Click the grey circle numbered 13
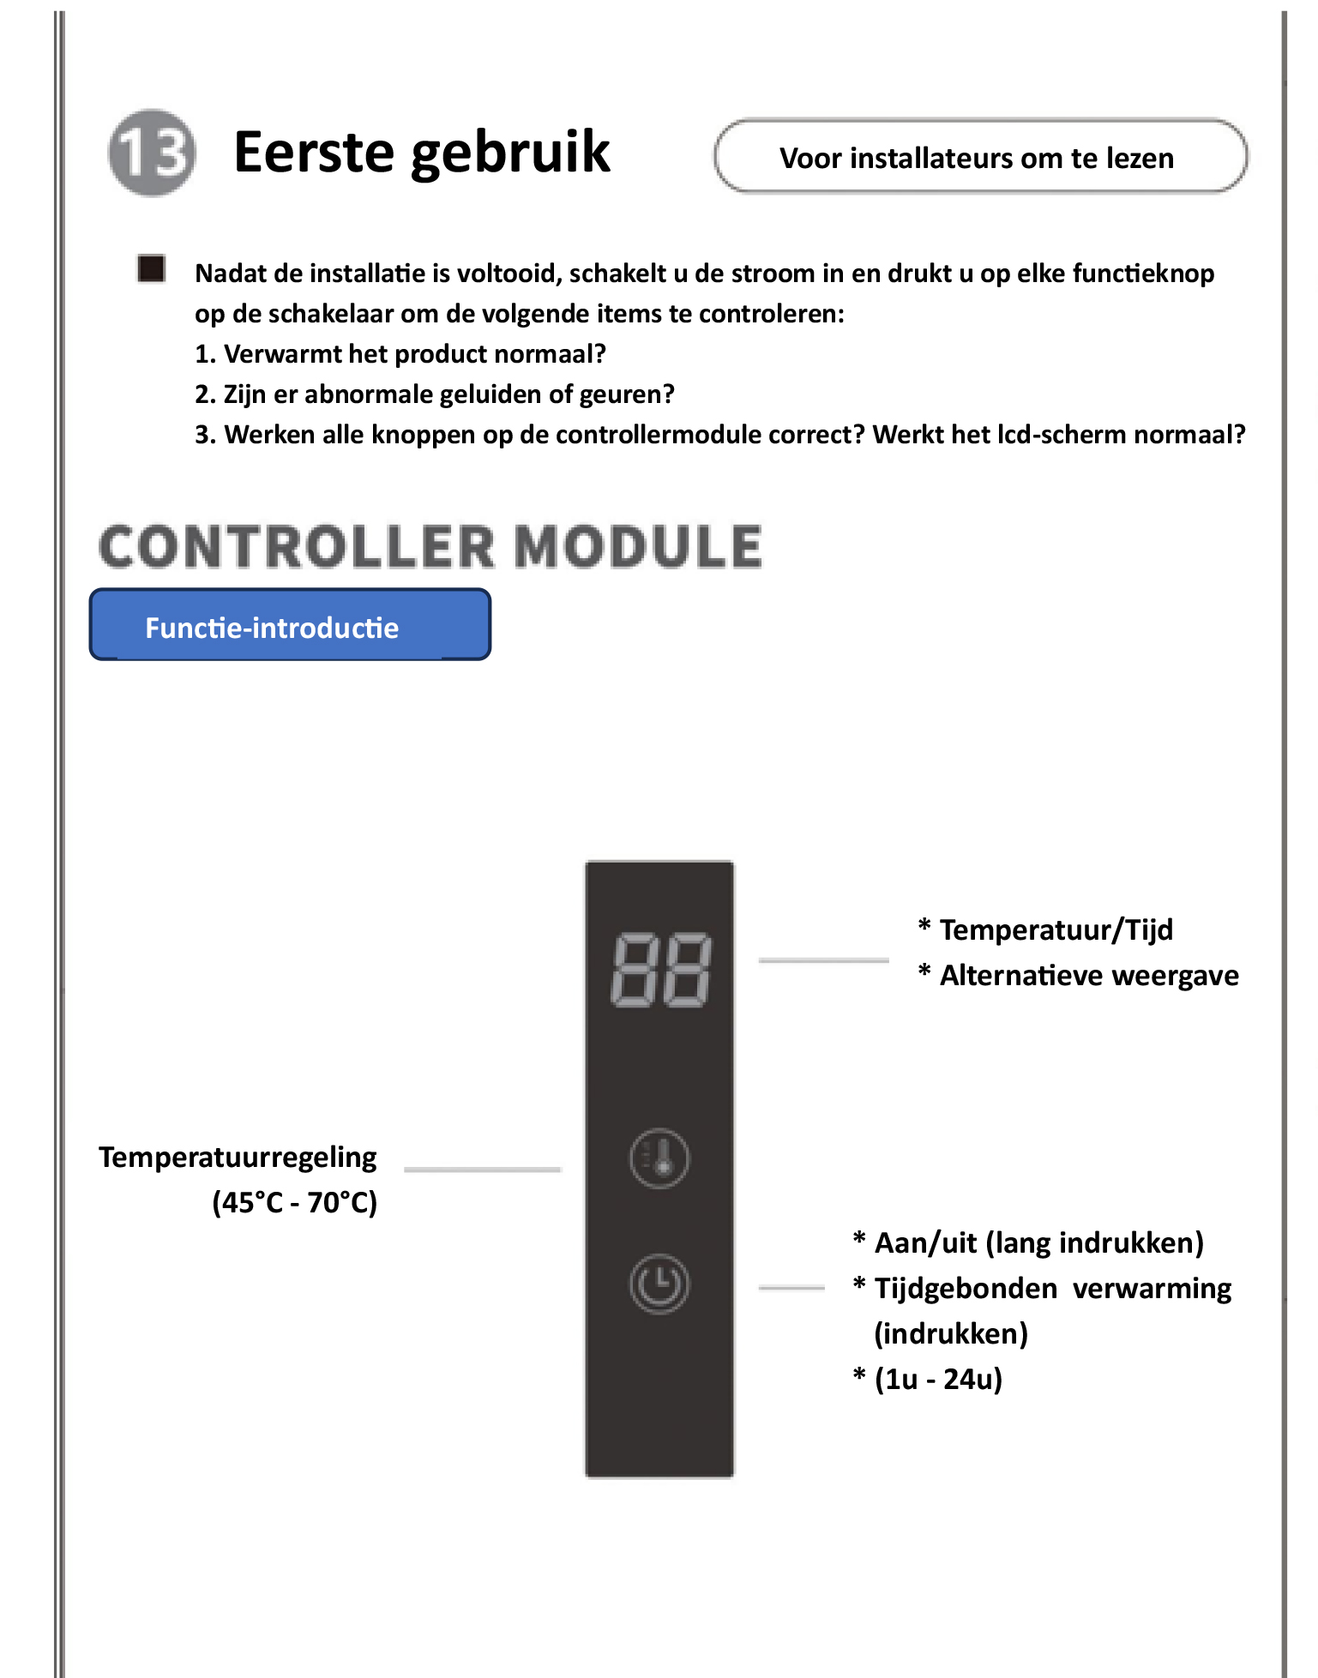(152, 153)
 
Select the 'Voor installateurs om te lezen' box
(980, 157)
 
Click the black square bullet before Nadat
(152, 268)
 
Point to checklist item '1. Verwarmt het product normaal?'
(400, 354)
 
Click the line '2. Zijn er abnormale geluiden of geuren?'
(435, 394)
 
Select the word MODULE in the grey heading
(638, 547)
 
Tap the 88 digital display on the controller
(660, 969)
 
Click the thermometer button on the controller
(659, 1158)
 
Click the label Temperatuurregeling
(238, 1158)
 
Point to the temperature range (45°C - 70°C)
(294, 1202)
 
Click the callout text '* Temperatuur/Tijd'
(1046, 929)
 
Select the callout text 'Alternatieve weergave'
(1089, 976)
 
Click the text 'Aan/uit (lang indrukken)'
(1038, 1242)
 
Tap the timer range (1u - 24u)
(938, 1379)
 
